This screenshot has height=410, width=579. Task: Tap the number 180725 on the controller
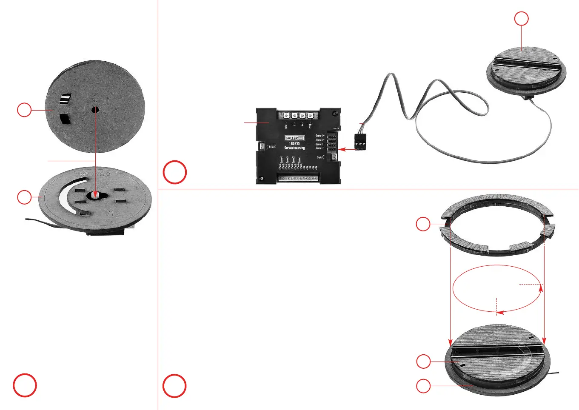tap(294, 143)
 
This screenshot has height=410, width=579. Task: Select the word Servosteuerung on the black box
tap(294, 148)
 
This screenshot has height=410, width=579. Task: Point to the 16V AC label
tap(271, 147)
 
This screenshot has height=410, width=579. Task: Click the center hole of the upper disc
tap(95, 110)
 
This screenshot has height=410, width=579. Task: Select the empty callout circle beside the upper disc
tap(24, 110)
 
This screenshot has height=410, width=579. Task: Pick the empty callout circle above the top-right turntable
tap(522, 19)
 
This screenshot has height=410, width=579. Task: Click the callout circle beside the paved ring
tap(423, 224)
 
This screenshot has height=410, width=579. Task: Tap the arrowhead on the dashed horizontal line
tap(541, 288)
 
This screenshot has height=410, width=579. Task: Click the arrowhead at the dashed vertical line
tap(500, 313)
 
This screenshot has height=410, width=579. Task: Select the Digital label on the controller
tap(319, 157)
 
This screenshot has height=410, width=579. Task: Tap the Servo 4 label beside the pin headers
tap(319, 136)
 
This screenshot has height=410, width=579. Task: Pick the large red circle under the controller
tap(175, 172)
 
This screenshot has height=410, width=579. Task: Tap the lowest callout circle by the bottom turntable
tap(423, 386)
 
